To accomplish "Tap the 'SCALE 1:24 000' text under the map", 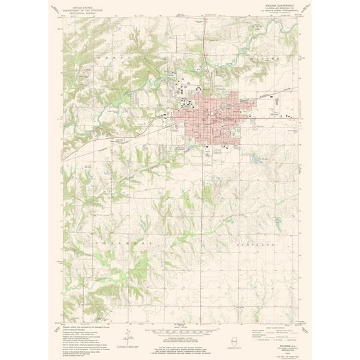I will point(180,324).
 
